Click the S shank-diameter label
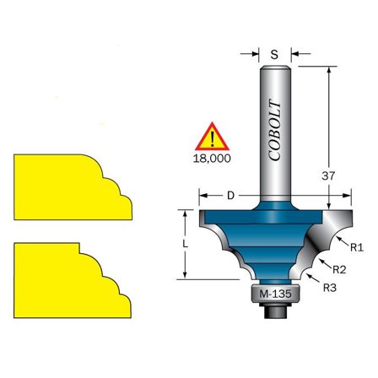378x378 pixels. pyautogui.click(x=274, y=54)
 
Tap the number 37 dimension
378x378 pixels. pyautogui.click(x=328, y=176)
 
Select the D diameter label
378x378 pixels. pyautogui.click(x=230, y=196)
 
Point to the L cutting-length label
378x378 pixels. pyautogui.click(x=185, y=245)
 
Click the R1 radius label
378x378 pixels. pyautogui.click(x=357, y=247)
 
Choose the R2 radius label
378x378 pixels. pyautogui.click(x=339, y=270)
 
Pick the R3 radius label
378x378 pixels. pyautogui.click(x=330, y=288)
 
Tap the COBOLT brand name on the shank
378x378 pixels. pyautogui.click(x=275, y=131)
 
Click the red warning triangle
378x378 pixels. pyautogui.click(x=212, y=137)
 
